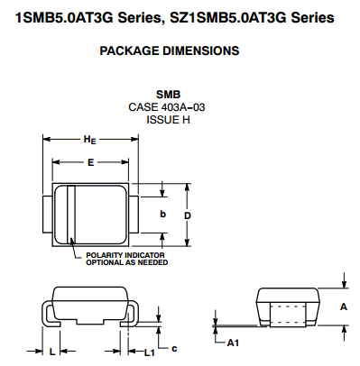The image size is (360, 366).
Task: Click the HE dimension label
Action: coord(89,140)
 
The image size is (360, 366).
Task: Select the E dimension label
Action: coord(90,162)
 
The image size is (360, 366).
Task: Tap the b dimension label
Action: coord(162,214)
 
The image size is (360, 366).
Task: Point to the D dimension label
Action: coord(188,215)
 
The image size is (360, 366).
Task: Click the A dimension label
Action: coord(344,307)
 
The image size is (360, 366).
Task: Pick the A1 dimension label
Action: coord(233,343)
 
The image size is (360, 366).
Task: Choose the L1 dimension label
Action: coord(150,352)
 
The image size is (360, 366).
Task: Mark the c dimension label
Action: coord(174,349)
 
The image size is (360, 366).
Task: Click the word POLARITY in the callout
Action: coord(105,255)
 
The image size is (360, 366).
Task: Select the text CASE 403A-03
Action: coord(167,107)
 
